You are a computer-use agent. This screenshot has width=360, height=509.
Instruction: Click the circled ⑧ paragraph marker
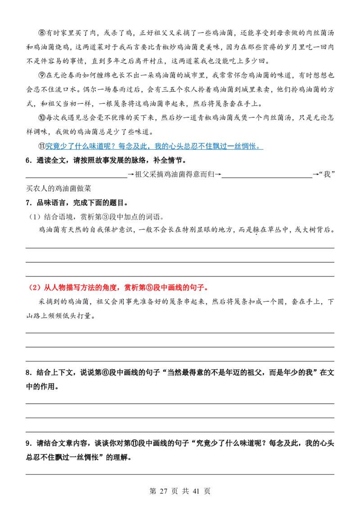pyautogui.click(x=42, y=33)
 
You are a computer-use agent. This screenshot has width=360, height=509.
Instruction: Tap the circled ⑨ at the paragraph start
pyautogui.click(x=42, y=75)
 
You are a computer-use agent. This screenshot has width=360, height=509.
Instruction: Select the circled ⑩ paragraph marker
pyautogui.click(x=42, y=117)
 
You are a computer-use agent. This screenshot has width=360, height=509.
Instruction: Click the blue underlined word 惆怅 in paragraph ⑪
pyautogui.click(x=248, y=146)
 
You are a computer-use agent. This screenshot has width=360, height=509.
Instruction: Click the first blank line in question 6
pyautogui.click(x=76, y=178)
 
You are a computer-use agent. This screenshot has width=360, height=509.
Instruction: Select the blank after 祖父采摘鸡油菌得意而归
pyautogui.click(x=267, y=178)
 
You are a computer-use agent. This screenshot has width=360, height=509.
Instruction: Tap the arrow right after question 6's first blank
pyautogui.click(x=131, y=174)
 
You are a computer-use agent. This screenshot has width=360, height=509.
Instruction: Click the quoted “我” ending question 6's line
pyautogui.click(x=327, y=174)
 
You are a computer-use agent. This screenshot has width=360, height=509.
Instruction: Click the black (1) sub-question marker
pyautogui.click(x=35, y=217)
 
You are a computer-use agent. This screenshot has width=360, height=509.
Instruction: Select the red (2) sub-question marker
pyautogui.click(x=35, y=288)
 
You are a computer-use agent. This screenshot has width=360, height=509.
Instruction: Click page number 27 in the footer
pyautogui.click(x=164, y=491)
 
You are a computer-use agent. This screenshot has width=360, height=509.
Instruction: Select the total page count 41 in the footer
pyautogui.click(x=196, y=491)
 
